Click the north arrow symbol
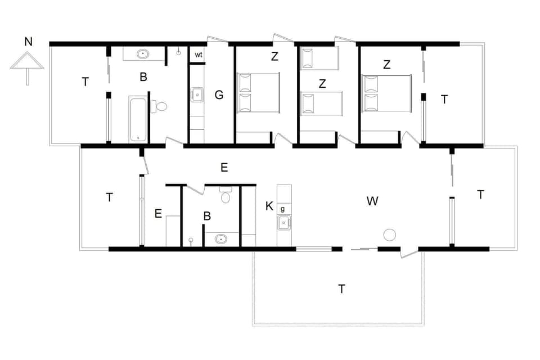(x=27, y=64)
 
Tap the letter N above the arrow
(x=28, y=41)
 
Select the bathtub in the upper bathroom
(x=138, y=119)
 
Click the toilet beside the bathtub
(x=160, y=106)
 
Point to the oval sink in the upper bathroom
(x=143, y=55)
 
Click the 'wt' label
(x=199, y=55)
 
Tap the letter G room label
(x=219, y=95)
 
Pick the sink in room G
(x=197, y=94)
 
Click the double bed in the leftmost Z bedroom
(x=259, y=93)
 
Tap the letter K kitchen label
(x=269, y=206)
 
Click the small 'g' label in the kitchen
(x=282, y=209)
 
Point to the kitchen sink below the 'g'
(x=283, y=223)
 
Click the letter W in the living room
(x=372, y=201)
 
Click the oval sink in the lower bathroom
(x=222, y=239)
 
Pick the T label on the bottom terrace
(x=341, y=289)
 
